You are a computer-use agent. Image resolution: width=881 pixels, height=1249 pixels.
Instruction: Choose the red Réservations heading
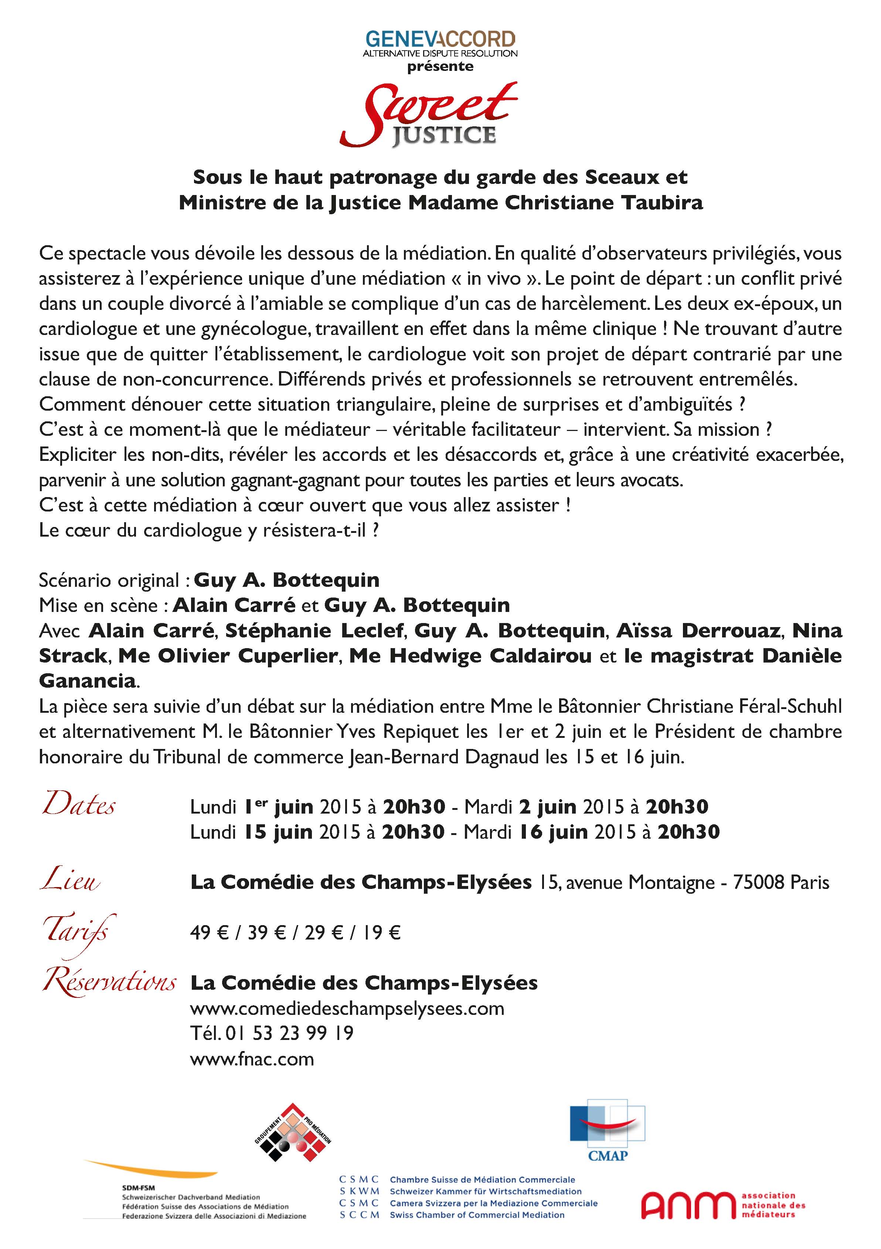coord(109,981)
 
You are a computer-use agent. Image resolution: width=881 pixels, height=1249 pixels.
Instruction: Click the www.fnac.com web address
coord(252,1059)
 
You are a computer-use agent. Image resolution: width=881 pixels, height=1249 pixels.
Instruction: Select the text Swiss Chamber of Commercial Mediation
coord(477,1215)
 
